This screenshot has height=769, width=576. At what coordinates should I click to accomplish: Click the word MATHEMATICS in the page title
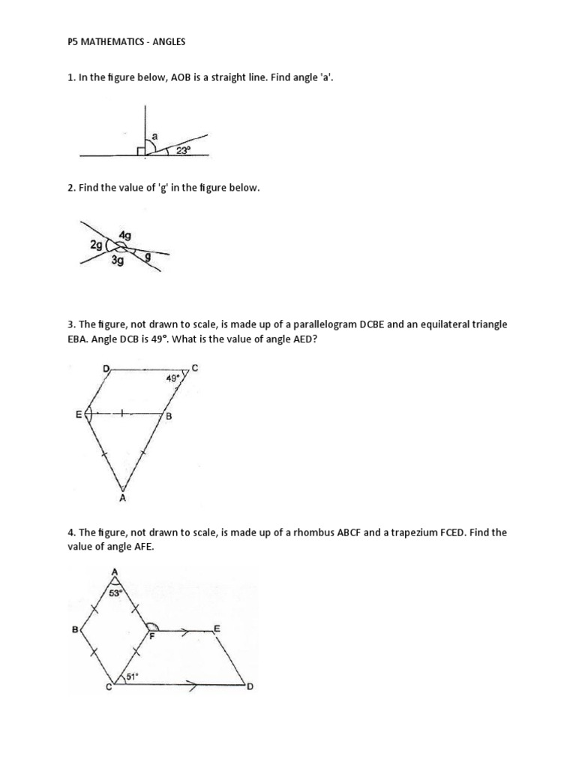(x=109, y=43)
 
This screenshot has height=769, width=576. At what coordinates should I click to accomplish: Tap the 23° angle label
(x=183, y=150)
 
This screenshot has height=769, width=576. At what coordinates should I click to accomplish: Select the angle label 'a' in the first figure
(x=154, y=135)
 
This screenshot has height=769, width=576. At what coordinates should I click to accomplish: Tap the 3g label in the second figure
(x=118, y=261)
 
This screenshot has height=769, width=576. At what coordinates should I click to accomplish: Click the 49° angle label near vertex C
(x=173, y=379)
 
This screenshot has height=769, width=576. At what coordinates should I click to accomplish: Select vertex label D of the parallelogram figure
(x=106, y=368)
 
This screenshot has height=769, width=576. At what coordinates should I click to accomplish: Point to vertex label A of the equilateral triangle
(x=121, y=497)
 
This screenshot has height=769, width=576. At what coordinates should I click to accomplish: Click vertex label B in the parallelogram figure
(x=169, y=416)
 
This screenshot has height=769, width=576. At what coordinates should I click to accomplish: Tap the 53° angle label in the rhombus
(x=116, y=593)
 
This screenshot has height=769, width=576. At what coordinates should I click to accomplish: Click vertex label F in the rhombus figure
(x=151, y=637)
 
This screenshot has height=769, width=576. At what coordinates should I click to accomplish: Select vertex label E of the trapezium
(x=217, y=627)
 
